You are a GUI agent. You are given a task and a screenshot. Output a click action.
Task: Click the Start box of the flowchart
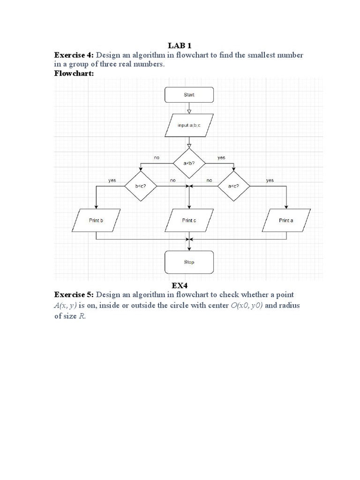[189, 95]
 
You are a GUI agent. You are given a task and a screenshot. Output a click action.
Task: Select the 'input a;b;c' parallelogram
[189, 126]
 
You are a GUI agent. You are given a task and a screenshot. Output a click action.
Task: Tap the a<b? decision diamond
[189, 163]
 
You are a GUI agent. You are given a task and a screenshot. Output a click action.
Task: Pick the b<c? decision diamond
[141, 186]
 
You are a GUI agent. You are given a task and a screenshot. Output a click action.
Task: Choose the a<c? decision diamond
[233, 186]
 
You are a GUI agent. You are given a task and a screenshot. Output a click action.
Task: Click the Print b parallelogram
[96, 220]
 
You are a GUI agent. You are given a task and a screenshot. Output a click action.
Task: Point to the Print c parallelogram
[189, 220]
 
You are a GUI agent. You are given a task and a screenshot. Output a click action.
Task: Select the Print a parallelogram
[286, 220]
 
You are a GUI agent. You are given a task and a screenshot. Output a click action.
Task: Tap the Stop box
[189, 262]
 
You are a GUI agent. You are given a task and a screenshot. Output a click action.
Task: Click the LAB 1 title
[180, 45]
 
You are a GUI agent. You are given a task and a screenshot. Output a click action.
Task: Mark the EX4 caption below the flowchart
[180, 285]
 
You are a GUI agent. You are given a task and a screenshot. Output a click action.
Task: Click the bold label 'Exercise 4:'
[75, 55]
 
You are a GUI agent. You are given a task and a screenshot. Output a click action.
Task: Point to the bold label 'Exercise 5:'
[75, 295]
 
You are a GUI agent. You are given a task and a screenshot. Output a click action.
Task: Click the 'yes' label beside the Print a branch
[270, 180]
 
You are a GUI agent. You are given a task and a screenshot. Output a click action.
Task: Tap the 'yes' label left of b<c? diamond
[112, 180]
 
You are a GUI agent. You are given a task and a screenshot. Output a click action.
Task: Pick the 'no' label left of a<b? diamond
[157, 158]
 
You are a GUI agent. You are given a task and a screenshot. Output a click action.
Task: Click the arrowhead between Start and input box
[189, 112]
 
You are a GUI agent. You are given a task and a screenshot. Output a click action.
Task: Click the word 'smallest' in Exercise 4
[253, 55]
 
